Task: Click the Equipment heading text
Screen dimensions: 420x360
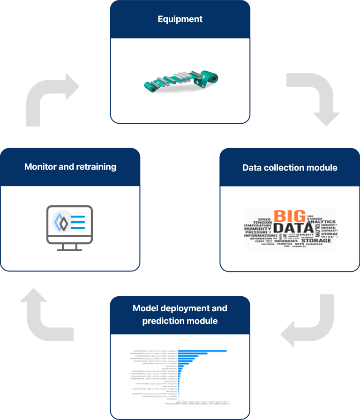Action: [180, 19]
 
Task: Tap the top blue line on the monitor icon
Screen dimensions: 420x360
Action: [77, 216]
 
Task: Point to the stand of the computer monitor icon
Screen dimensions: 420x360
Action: [69, 247]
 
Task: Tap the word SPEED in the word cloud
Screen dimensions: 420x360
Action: [264, 219]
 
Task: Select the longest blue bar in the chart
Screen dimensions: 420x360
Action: [202, 351]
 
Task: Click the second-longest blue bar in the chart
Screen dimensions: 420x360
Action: [193, 353]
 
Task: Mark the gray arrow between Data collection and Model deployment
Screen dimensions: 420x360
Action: [307, 321]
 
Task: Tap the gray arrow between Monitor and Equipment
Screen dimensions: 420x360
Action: [53, 99]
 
